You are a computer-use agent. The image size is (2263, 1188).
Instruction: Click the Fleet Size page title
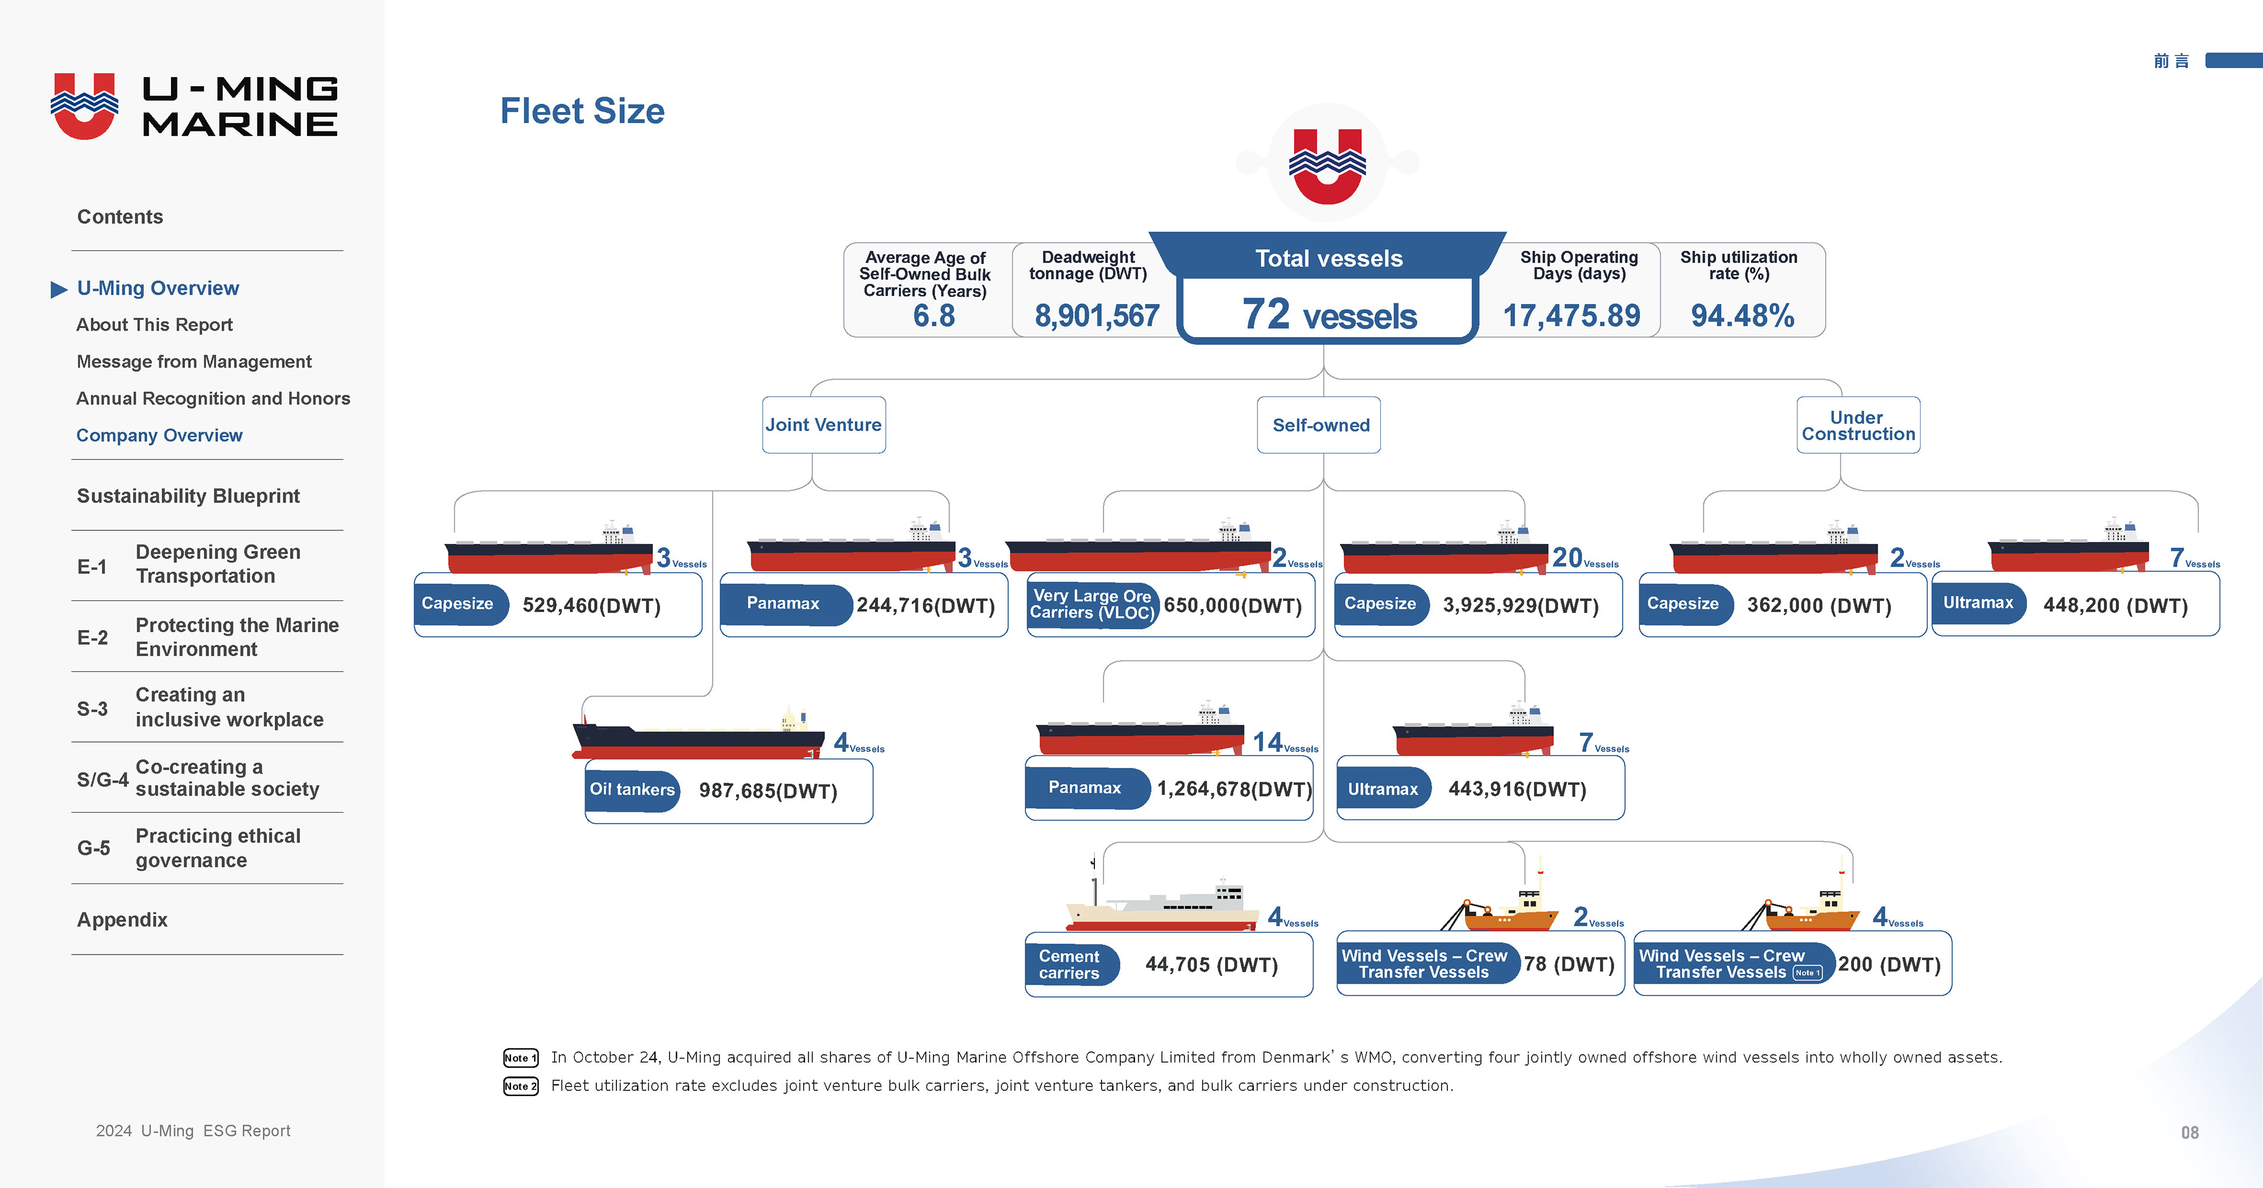click(x=582, y=111)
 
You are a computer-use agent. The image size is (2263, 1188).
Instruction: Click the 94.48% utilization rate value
click(x=1742, y=315)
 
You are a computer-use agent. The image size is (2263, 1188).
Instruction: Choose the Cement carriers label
click(x=1069, y=965)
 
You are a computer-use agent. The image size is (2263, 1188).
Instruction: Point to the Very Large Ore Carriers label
click(x=1092, y=605)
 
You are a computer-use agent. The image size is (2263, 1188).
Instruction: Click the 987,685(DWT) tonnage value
click(x=768, y=791)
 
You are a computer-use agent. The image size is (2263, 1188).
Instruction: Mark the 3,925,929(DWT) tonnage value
click(x=1520, y=605)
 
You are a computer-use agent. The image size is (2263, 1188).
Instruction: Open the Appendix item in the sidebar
click(x=122, y=920)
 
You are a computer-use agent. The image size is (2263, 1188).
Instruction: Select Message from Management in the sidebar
click(x=194, y=362)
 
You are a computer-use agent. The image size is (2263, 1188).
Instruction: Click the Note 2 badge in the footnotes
click(x=520, y=1086)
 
